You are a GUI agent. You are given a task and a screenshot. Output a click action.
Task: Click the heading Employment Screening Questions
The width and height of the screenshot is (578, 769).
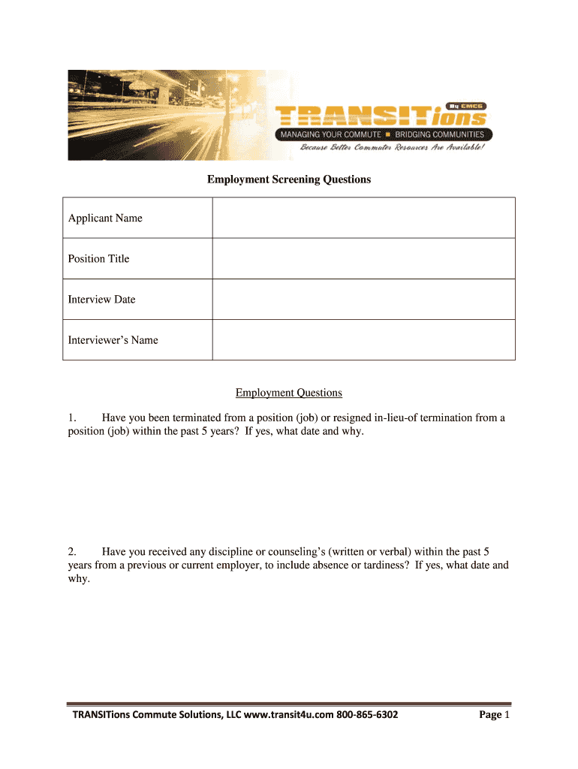pos(289,179)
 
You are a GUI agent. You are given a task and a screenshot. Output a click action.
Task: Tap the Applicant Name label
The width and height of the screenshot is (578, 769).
pos(105,218)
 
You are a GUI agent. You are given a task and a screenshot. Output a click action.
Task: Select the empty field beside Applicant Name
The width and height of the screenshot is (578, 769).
pos(363,218)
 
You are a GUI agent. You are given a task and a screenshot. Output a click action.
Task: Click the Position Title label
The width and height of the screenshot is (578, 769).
pos(98,258)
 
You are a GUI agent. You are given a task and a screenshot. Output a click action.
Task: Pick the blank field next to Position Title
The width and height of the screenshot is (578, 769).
pos(363,258)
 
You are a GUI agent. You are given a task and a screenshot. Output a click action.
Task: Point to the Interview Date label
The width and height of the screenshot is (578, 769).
pos(101,299)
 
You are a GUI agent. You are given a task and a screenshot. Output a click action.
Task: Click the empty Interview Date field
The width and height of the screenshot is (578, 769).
pos(363,299)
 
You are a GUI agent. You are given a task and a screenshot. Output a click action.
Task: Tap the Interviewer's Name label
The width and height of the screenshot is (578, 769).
pos(113,339)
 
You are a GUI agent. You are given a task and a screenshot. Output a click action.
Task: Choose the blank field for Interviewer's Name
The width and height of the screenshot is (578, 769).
pos(363,339)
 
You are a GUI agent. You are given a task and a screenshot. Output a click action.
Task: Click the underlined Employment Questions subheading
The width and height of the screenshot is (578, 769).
pos(288,392)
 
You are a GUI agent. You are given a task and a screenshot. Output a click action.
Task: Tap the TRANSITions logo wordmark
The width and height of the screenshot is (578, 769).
pos(379,117)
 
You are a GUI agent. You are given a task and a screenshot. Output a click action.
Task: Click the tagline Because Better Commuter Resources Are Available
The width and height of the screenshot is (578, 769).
pos(393,147)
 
